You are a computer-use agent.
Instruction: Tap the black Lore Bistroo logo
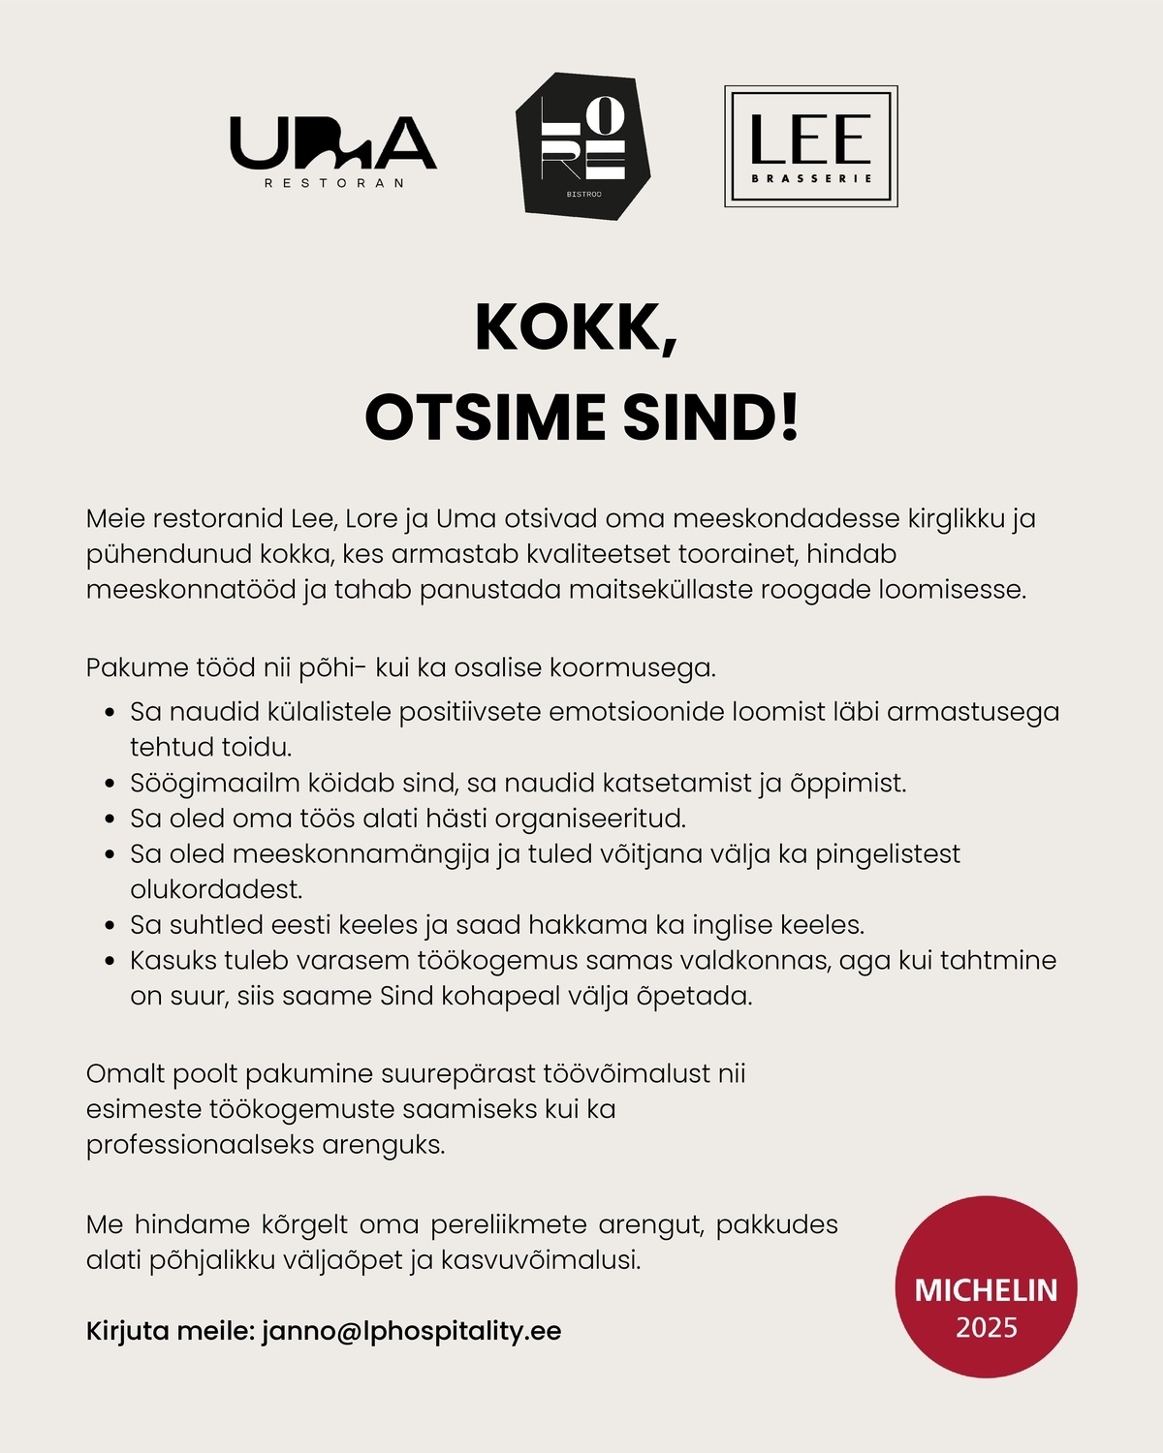pyautogui.click(x=581, y=143)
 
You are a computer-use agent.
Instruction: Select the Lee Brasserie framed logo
pyautogui.click(x=811, y=146)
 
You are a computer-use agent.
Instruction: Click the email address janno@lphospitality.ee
pyautogui.click(x=411, y=1330)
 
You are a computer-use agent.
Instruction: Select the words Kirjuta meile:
pyautogui.click(x=171, y=1330)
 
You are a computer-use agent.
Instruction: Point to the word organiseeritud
pyautogui.click(x=589, y=819)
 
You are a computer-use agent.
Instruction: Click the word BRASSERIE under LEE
pyautogui.click(x=811, y=178)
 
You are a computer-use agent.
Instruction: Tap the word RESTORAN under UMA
pyautogui.click(x=332, y=183)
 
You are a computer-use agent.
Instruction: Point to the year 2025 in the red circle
pyautogui.click(x=986, y=1326)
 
